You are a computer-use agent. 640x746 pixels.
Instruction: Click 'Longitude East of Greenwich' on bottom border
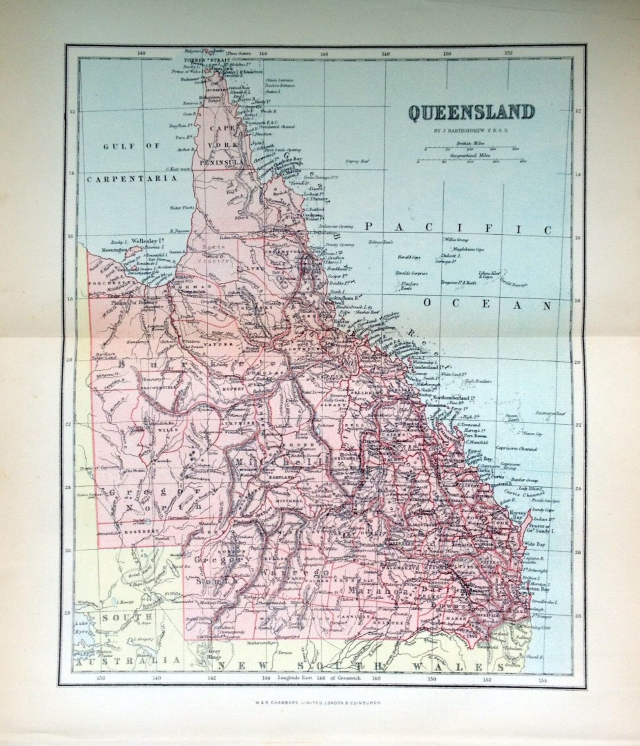321,678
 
